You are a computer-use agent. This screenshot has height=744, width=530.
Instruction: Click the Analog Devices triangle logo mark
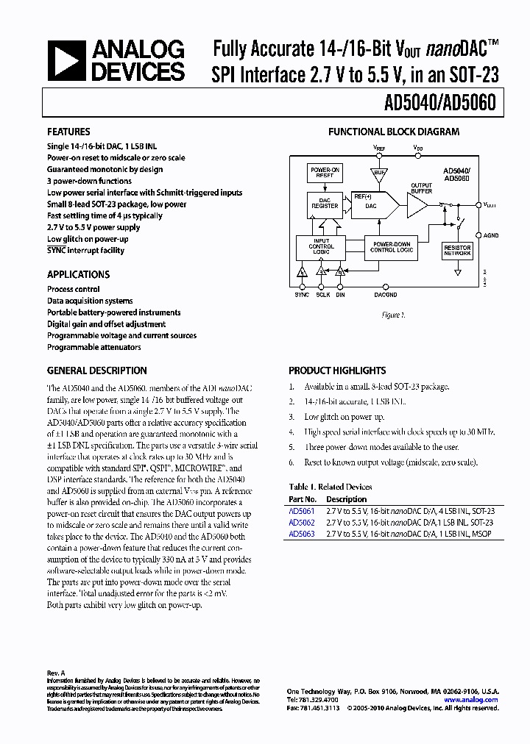point(67,61)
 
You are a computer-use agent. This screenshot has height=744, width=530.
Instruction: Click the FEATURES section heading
point(68,132)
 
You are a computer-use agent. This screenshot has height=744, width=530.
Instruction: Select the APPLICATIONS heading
point(78,274)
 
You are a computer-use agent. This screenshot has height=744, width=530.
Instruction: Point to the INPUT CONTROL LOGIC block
point(321,247)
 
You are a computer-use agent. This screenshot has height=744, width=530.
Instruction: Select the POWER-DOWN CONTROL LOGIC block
point(392,247)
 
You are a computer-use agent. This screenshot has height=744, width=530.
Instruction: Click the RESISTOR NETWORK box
point(457,251)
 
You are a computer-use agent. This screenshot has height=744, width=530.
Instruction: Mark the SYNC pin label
point(302,294)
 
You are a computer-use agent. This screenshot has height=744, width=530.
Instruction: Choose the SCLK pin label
point(322,294)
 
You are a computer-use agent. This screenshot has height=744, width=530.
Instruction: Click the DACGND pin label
point(385,294)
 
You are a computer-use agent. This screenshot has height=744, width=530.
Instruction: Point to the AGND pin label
point(491,236)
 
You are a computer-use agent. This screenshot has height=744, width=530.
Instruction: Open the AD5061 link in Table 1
point(301,510)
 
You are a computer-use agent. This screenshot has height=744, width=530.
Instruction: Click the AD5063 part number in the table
point(301,534)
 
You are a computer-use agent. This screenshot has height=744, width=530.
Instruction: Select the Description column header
point(346,499)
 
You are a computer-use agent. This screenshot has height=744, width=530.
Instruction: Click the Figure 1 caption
point(392,315)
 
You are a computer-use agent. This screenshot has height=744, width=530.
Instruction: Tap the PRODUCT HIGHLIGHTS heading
point(337,371)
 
